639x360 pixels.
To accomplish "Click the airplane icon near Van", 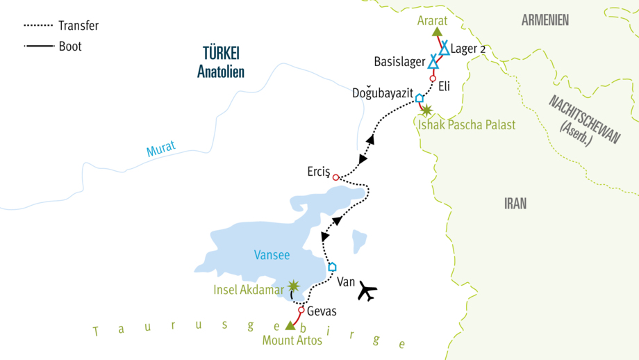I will click(x=367, y=293).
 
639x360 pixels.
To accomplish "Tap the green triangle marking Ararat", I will click(x=437, y=32).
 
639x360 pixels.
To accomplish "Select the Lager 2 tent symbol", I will click(x=444, y=48).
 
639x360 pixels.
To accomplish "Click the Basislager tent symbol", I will click(x=433, y=62).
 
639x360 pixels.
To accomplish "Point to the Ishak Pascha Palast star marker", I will click(x=426, y=110).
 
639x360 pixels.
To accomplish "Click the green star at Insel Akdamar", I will click(x=295, y=286).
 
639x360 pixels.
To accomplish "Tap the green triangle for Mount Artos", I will click(x=290, y=325).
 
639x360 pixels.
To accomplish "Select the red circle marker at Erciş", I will click(x=335, y=177).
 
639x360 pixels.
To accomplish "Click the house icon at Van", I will click(x=332, y=266).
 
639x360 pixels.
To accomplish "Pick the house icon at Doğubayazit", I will click(x=419, y=98).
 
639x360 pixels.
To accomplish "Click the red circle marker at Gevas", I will click(x=301, y=310).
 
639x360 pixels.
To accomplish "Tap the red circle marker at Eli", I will click(x=433, y=79).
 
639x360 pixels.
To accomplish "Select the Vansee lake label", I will click(x=272, y=255).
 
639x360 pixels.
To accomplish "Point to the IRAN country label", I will click(x=515, y=204).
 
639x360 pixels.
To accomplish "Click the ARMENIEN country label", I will click(x=545, y=20).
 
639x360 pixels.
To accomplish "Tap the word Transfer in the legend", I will click(x=78, y=26).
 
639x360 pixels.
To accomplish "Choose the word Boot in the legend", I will click(x=70, y=47).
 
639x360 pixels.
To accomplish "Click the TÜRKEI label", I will click(x=221, y=54).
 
